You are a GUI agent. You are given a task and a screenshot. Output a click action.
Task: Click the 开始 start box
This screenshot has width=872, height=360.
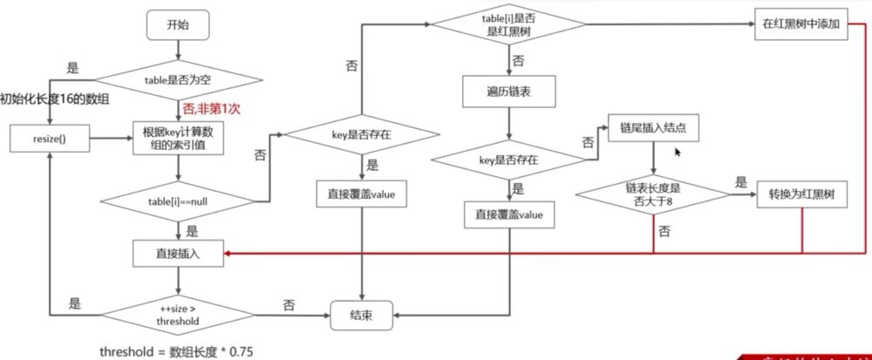(x=179, y=25)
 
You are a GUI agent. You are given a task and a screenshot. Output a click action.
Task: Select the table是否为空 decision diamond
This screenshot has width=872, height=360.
(x=179, y=80)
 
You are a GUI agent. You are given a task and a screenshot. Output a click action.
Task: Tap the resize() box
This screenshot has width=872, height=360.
(x=51, y=138)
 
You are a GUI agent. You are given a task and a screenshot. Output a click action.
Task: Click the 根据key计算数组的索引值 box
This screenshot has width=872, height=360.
(x=179, y=138)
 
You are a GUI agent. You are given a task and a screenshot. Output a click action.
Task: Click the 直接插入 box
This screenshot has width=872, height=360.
(x=179, y=254)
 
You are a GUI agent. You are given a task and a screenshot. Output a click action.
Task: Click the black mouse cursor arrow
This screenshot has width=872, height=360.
(x=678, y=151)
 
